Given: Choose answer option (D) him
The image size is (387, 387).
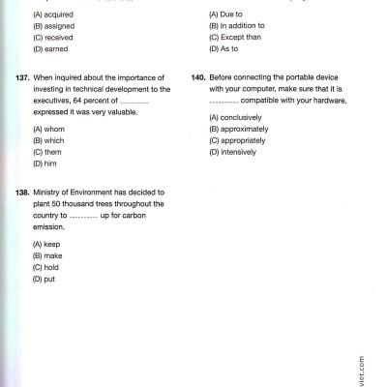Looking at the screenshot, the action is coord(45,164).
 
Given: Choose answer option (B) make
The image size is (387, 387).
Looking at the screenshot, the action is coord(47,255).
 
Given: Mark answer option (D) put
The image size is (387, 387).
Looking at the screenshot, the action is coord(45,279).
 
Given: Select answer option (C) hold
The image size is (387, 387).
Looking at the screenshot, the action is coord(46,267).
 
